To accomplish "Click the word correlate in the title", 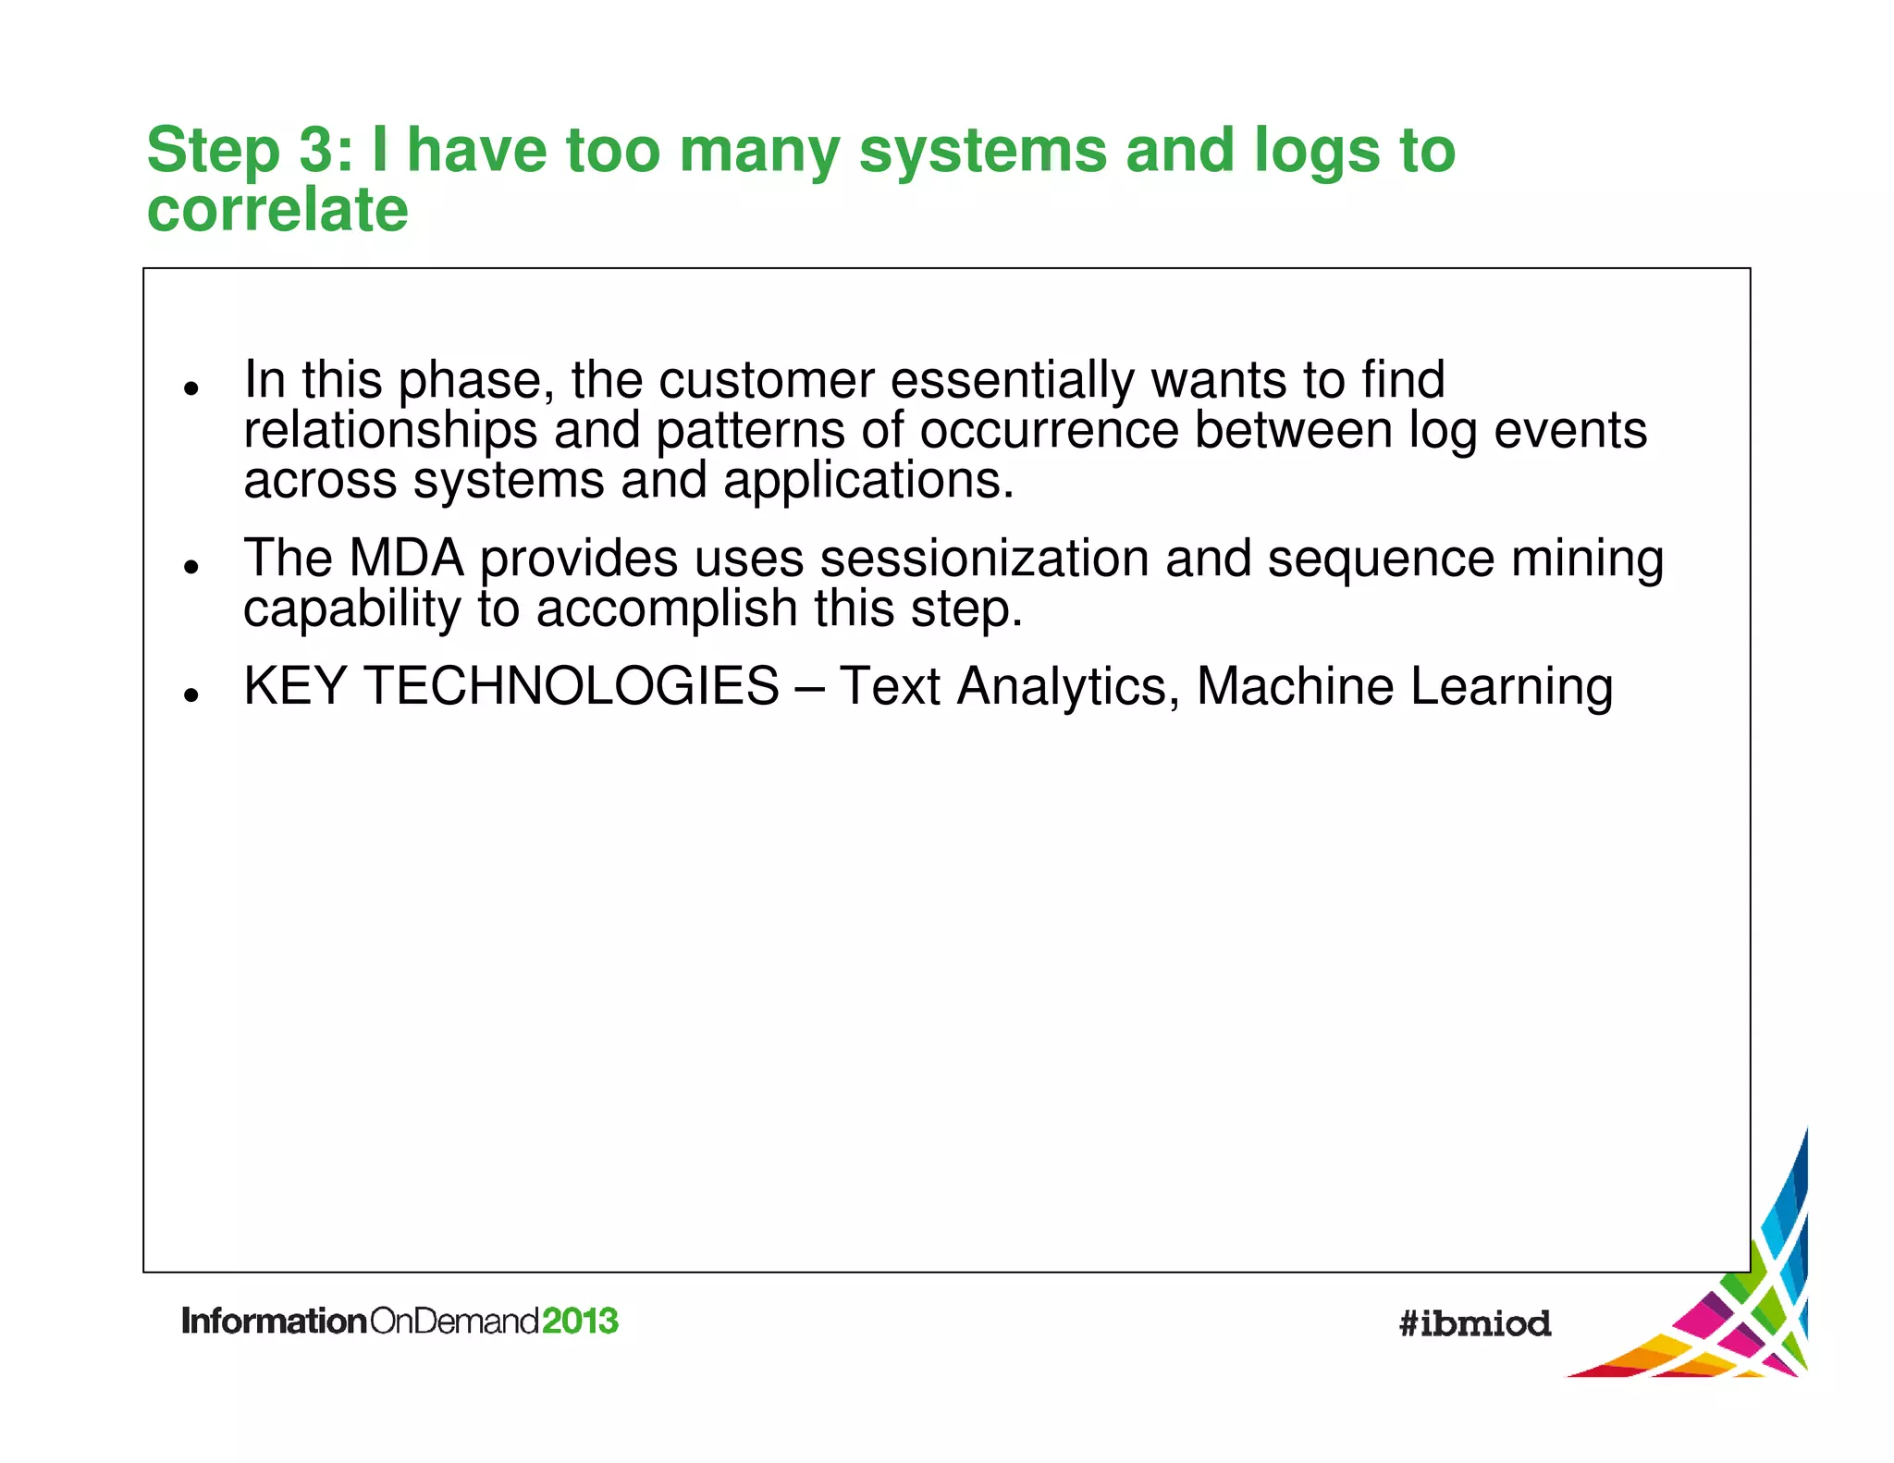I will tap(277, 210).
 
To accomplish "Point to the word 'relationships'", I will tap(390, 431).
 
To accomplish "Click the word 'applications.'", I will tap(867, 481).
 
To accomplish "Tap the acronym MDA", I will tap(406, 559).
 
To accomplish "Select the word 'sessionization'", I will tap(984, 559).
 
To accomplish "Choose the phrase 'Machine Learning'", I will tap(1404, 686).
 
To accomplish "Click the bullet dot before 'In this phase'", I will tap(191, 387).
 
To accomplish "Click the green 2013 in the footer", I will tap(580, 1321).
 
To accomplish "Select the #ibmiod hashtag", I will tap(1474, 1323).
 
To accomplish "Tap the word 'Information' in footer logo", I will tap(275, 1321).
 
